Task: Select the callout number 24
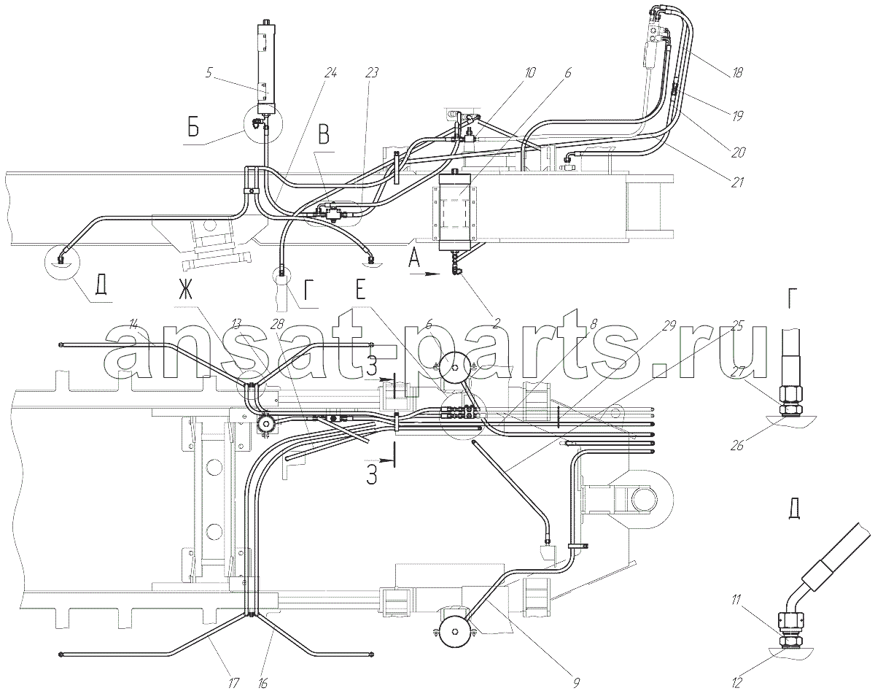pos(331,73)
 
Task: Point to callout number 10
pos(530,72)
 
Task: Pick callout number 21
pos(737,183)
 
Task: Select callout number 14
pos(133,323)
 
